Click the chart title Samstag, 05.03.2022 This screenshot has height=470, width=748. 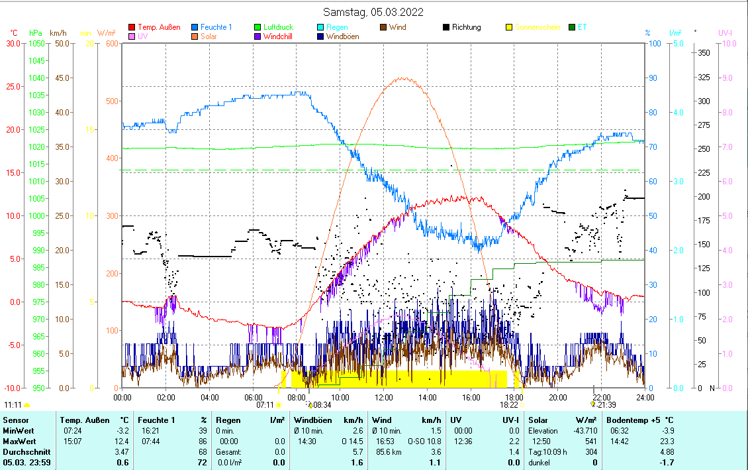point(373,12)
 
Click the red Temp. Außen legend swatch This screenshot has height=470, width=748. point(132,27)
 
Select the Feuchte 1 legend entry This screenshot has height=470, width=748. point(216,27)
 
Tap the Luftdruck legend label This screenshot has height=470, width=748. point(278,27)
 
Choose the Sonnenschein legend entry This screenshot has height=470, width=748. point(537,27)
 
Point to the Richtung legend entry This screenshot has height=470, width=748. point(467,27)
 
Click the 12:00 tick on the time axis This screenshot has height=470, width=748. point(384,397)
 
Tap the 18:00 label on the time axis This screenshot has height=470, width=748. point(514,397)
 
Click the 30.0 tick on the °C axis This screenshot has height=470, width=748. point(13,44)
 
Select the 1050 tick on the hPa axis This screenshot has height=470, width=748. point(36,44)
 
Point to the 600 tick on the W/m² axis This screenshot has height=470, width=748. point(111,44)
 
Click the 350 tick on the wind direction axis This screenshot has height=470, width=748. point(704,52)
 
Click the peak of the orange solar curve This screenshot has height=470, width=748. point(404,78)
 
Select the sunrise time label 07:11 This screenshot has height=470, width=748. point(265,404)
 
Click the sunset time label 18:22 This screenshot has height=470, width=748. point(508,404)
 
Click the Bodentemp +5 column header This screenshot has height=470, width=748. point(641,420)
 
